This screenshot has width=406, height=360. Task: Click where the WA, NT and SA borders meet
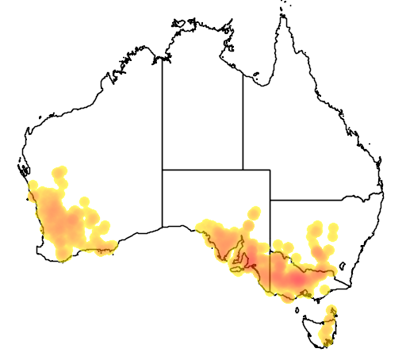tap(163, 170)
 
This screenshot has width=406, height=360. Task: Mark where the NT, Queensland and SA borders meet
tap(243, 170)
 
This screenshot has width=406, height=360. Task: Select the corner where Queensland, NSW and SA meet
tap(270, 201)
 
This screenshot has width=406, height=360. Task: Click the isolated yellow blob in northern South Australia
tap(255, 213)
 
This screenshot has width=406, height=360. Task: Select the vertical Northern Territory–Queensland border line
tap(243, 119)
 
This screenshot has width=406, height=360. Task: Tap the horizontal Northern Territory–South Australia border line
tap(202, 170)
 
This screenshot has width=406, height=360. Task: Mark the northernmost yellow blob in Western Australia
tap(59, 172)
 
